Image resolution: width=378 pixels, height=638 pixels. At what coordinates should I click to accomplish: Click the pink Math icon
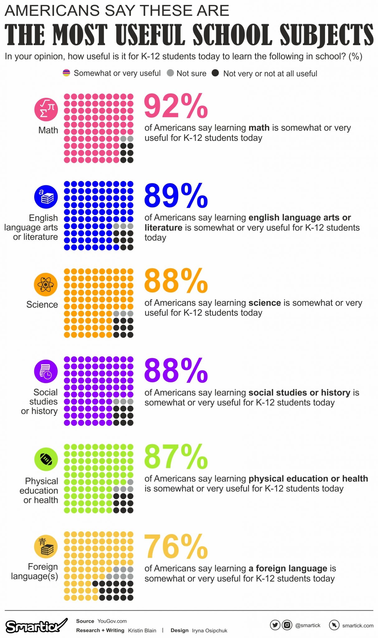click(46, 109)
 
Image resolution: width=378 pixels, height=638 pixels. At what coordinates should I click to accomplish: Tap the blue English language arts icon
click(46, 197)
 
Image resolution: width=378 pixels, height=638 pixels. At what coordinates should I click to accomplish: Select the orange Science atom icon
click(46, 284)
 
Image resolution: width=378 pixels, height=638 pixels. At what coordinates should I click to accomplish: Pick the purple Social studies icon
click(46, 371)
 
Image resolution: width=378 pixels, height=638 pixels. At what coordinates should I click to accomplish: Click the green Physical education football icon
click(46, 459)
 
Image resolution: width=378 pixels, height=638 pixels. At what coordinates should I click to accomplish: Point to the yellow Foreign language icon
click(46, 546)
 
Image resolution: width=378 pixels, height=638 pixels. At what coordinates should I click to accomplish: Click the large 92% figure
click(176, 106)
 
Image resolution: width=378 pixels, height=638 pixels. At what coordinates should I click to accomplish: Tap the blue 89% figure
click(176, 196)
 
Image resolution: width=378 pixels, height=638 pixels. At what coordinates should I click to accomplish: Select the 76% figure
click(176, 547)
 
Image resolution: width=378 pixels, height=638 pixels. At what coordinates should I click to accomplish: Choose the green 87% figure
click(176, 457)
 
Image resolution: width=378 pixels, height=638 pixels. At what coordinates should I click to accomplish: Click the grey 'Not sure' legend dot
click(170, 73)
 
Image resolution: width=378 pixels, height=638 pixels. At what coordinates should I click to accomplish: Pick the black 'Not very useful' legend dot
click(215, 73)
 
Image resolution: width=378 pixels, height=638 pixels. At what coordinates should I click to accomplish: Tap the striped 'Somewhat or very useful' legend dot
click(66, 73)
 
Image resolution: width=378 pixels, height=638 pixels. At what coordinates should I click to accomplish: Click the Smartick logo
click(36, 626)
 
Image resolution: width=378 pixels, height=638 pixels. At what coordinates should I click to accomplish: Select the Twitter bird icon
click(275, 625)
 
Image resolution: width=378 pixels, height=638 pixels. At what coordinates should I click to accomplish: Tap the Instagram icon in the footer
click(287, 625)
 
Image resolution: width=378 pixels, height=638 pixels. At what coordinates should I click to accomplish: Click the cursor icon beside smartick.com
click(334, 625)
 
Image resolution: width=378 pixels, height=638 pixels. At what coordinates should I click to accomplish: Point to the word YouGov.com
click(112, 621)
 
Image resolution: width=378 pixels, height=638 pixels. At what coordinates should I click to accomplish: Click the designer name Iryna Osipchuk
click(210, 631)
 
